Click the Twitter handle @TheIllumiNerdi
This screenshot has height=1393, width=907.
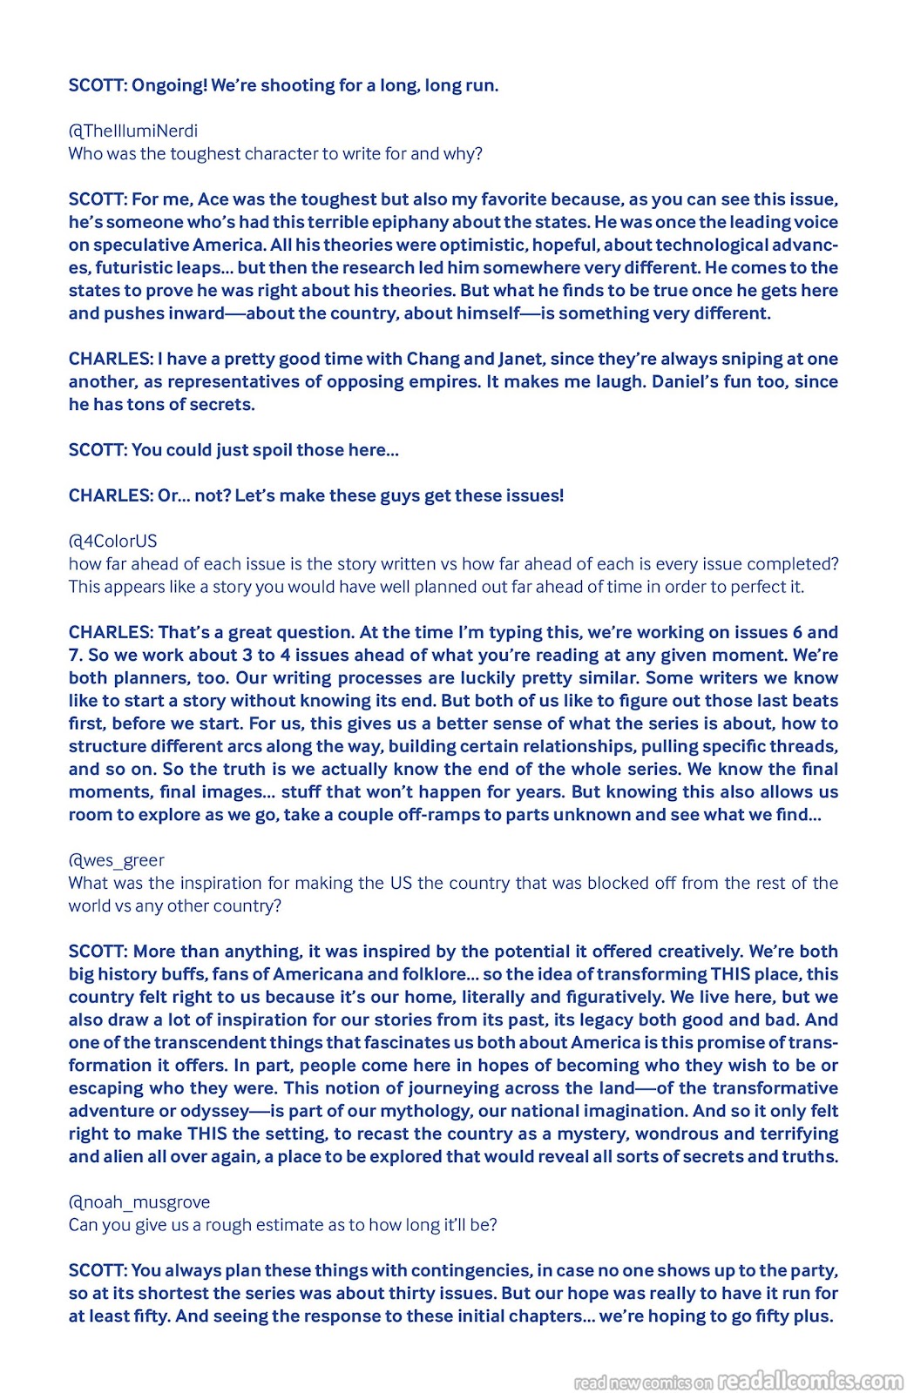pyautogui.click(x=133, y=131)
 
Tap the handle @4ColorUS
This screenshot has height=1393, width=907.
pyautogui.click(x=113, y=541)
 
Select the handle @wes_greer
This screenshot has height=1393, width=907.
pyautogui.click(x=117, y=860)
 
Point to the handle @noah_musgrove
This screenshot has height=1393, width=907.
pyautogui.click(x=139, y=1202)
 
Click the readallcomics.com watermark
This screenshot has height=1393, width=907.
pyautogui.click(x=810, y=1381)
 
